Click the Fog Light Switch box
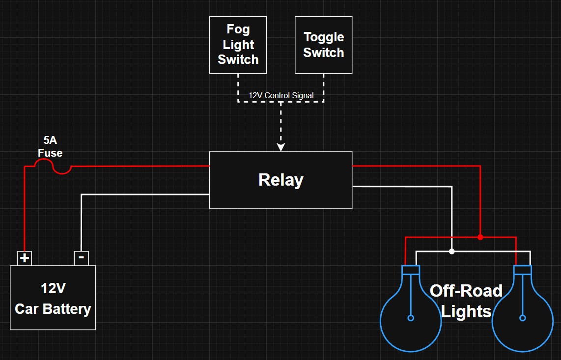[238, 45]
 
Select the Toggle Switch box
[323, 45]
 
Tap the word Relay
[281, 180]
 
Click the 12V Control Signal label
[281, 96]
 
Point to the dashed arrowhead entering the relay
[281, 147]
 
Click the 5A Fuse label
[50, 146]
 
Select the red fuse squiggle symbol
[53, 166]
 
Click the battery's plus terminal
[25, 258]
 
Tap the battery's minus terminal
[81, 258]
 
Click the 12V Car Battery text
[53, 299]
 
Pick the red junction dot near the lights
[480, 237]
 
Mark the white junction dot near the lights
[452, 251]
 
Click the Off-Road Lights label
[466, 301]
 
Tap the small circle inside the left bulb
[411, 318]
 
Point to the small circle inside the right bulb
[523, 318]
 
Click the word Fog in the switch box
[238, 29]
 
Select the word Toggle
[324, 37]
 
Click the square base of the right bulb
[523, 270]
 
